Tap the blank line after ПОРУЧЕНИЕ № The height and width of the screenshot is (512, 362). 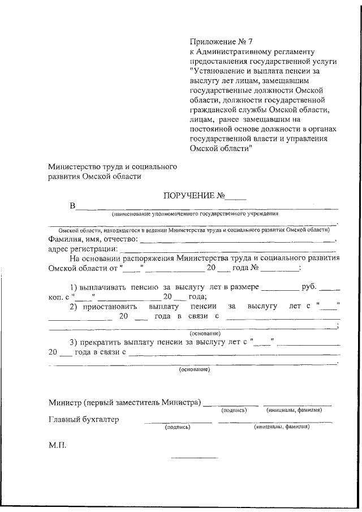pos(236,199)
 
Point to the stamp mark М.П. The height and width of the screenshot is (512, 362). pos(57,445)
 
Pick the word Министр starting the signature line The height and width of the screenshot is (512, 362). pos(64,402)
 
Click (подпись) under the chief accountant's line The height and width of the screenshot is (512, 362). pos(177,428)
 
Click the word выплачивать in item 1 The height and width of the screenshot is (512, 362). pos(103,287)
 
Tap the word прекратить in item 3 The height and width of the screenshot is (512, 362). pos(108,342)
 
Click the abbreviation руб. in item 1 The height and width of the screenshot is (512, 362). pos(310,287)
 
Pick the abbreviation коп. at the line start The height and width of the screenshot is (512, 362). pos(56,296)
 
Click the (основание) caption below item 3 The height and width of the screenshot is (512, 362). pos(194,369)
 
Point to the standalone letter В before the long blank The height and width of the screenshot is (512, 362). pos(72,206)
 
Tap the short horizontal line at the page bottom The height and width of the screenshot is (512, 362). pos(193,457)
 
